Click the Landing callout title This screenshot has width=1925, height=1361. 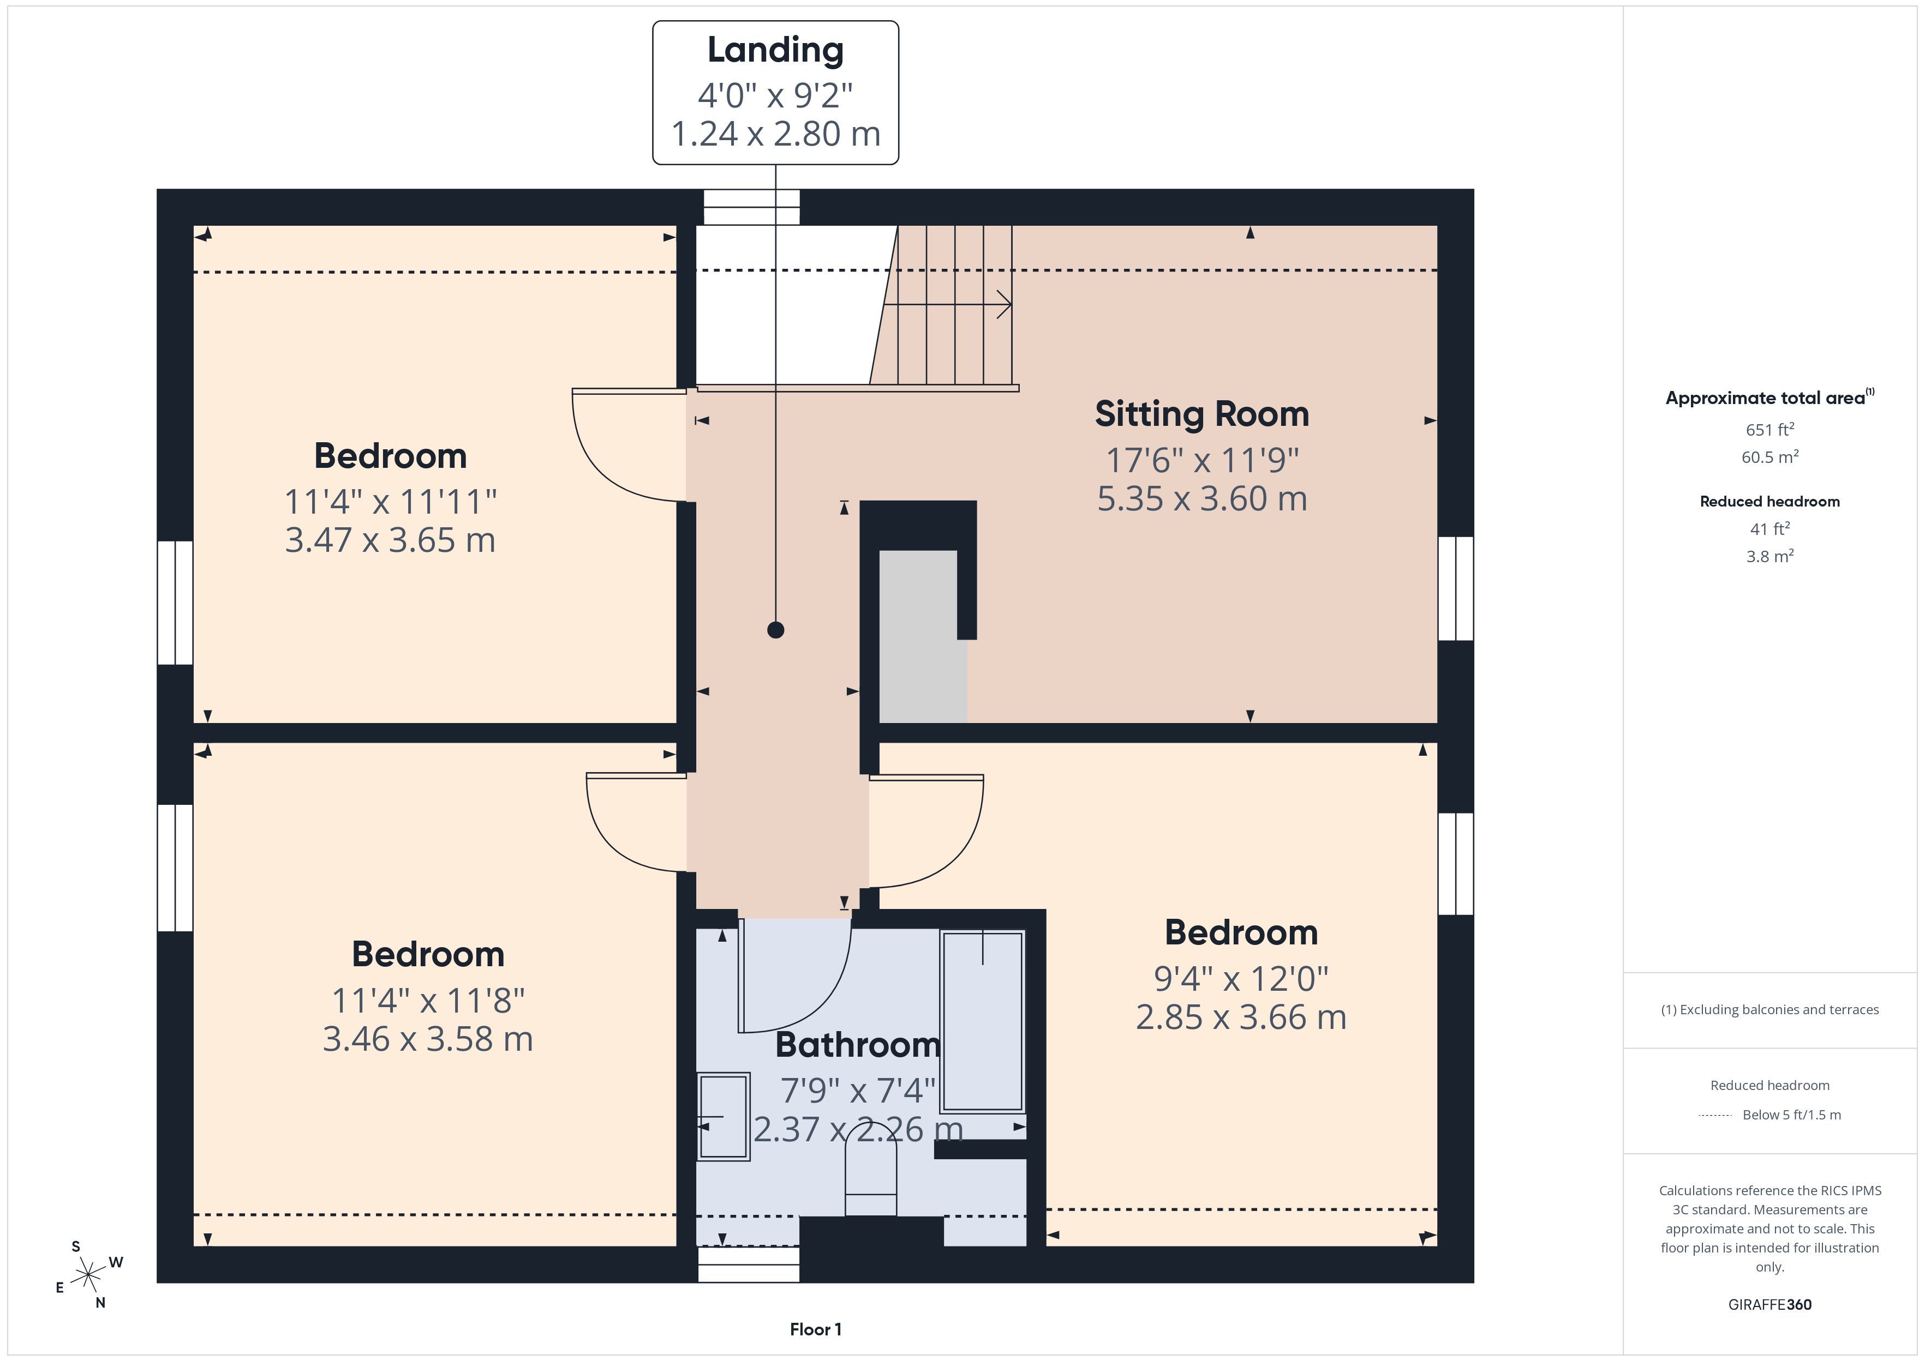pos(775,50)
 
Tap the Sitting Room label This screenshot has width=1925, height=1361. pos(1201,414)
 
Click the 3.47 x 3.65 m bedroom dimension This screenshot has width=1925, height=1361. pos(390,540)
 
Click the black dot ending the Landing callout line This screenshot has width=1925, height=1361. pos(775,629)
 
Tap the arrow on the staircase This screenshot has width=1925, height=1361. pos(947,305)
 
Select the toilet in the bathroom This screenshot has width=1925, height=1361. pos(870,1170)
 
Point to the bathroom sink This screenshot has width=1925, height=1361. pos(724,1116)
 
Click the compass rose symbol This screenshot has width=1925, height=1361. pos(88,1275)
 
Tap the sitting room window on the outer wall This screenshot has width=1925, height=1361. pos(1456,588)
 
